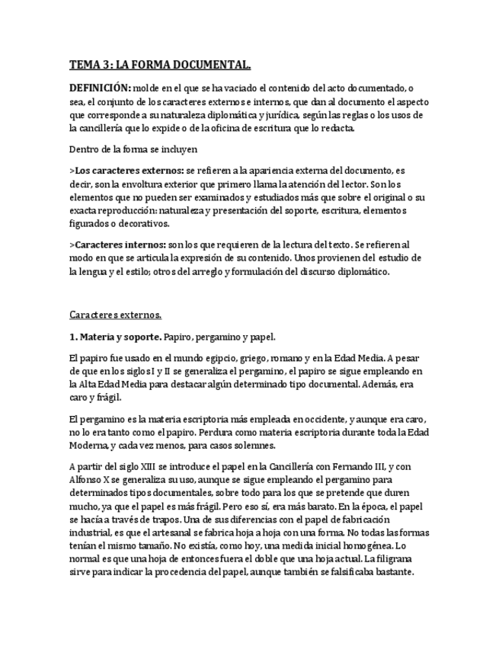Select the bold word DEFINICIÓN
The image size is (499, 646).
[101, 89]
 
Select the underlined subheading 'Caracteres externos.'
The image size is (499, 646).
[115, 314]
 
